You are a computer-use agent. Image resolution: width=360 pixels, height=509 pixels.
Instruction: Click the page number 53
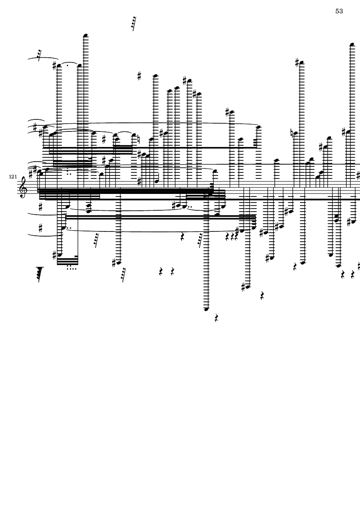coord(339,11)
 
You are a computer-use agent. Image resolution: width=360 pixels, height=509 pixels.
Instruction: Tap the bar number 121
coord(13,177)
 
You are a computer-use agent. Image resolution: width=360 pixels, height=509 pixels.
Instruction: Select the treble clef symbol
coord(23,187)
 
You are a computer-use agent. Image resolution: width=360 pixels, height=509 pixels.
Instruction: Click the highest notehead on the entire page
coord(86,35)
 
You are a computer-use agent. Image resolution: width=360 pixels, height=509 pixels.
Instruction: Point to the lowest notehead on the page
coord(206,309)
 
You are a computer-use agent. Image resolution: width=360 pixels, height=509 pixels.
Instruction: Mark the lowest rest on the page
coord(216,318)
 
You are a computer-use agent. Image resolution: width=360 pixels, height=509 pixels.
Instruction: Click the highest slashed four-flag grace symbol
coord(133,23)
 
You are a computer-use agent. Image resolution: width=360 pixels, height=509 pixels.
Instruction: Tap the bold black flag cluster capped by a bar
coord(40,274)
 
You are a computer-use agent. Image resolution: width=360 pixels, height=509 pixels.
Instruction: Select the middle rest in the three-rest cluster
coord(232,237)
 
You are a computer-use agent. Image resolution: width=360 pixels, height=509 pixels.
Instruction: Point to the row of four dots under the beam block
coord(72,269)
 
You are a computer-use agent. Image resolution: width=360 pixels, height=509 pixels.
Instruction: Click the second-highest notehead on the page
coord(352,44)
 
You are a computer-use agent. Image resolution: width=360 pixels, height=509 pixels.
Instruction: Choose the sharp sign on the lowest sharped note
coord(243,287)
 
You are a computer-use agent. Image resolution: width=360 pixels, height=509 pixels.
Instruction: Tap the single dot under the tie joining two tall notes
coord(68,65)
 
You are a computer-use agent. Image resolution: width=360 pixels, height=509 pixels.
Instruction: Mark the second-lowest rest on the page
coord(262,295)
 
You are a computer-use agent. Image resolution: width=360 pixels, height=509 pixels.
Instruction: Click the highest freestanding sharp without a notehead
coord(139,75)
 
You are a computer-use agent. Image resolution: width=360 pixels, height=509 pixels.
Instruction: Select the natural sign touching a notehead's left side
coord(292,133)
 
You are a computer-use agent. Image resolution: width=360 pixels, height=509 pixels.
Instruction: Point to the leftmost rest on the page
coord(161,272)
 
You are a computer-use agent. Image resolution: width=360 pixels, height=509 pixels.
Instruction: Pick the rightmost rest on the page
coord(353,275)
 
